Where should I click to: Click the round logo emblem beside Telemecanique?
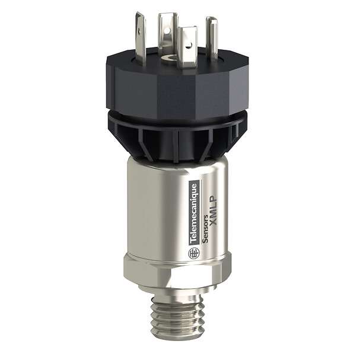point(193,253)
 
